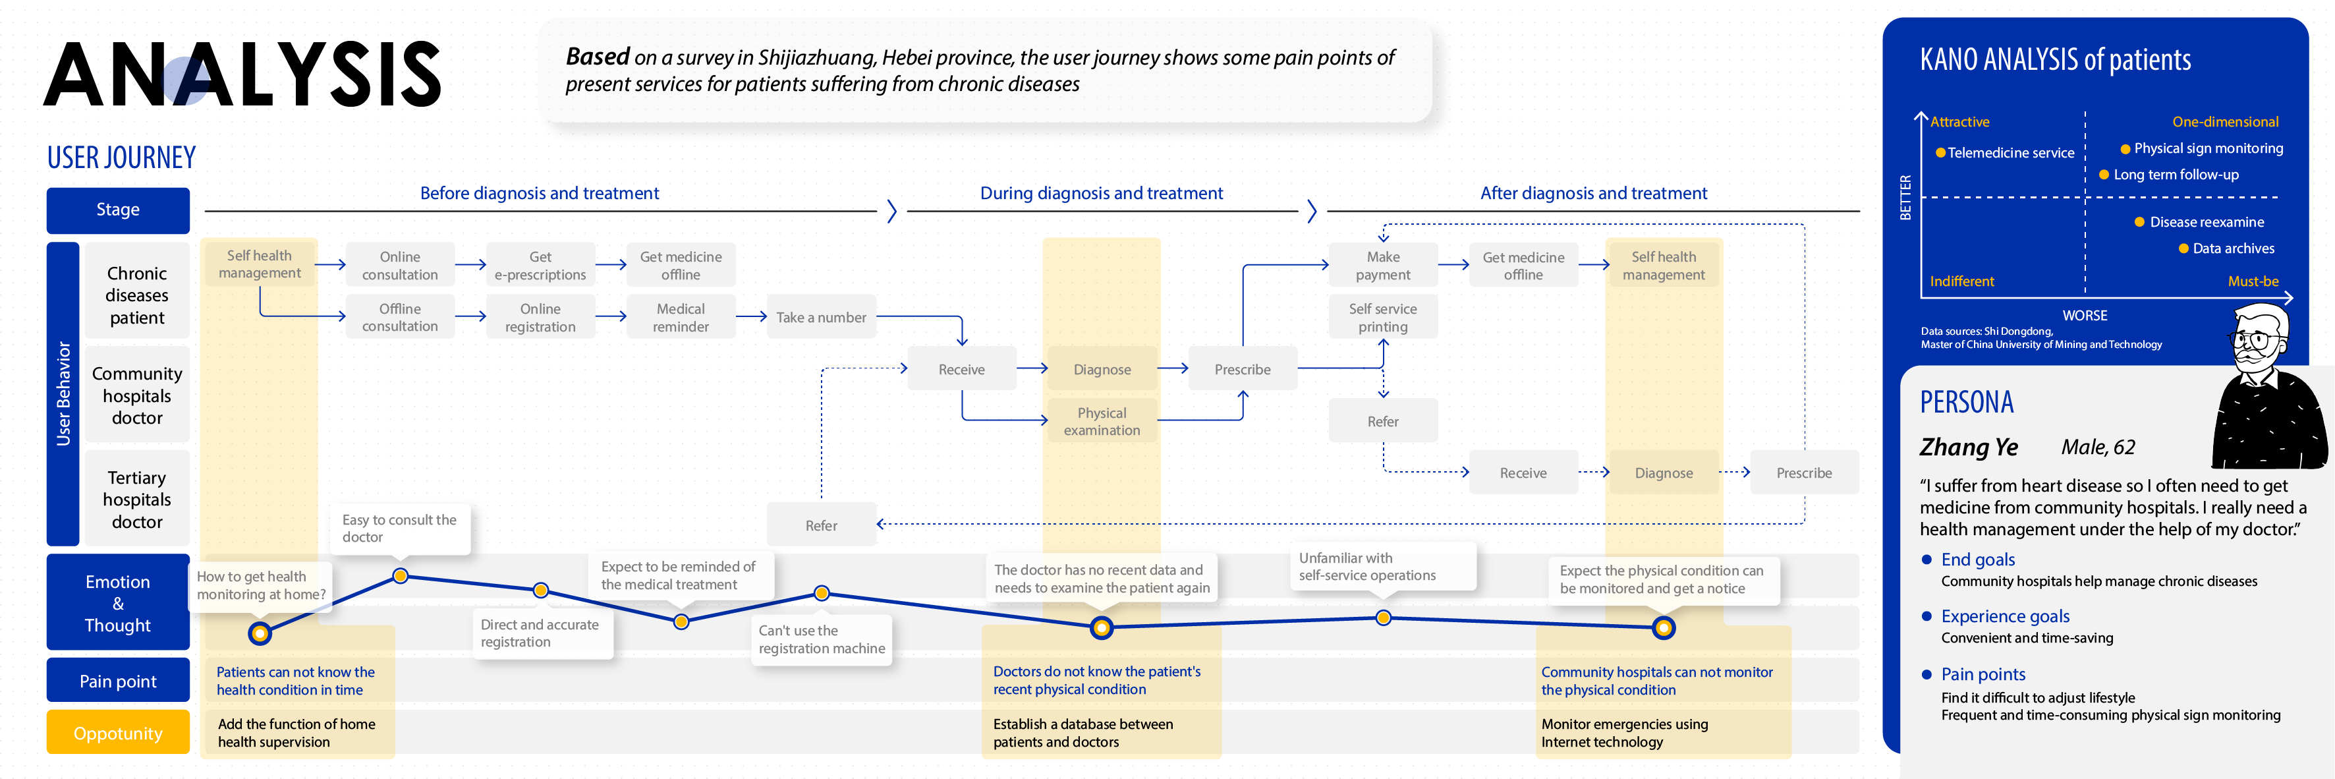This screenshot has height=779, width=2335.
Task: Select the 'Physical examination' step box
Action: coord(1102,420)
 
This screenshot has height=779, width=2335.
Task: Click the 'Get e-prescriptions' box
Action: coord(540,265)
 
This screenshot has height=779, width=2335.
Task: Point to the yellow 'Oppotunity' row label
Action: coord(118,733)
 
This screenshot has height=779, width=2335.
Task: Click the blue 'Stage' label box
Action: coord(118,210)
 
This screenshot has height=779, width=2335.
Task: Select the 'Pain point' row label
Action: coord(118,681)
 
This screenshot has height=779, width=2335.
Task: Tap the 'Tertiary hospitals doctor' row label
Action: coord(137,499)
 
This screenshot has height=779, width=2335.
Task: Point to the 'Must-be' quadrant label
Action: coord(2253,281)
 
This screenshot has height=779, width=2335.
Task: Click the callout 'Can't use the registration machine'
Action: coord(821,639)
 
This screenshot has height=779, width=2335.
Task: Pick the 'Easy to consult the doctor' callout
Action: coord(400,528)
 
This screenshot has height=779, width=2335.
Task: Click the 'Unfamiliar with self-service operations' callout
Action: coord(1367,566)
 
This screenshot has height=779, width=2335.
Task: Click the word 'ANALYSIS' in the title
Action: coord(242,74)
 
